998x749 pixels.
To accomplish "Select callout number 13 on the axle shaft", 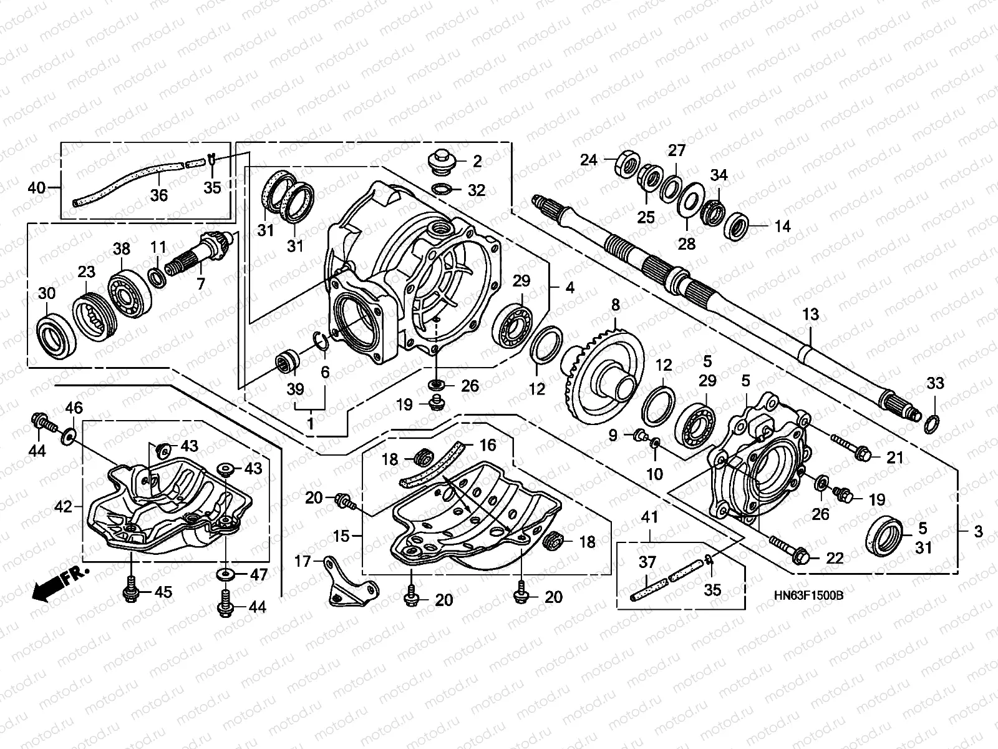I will click(x=810, y=315).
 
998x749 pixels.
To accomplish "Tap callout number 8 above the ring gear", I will click(x=616, y=305).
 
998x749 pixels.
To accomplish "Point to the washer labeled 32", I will click(x=442, y=189).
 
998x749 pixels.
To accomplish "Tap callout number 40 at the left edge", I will click(x=37, y=187).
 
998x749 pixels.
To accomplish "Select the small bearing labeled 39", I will click(x=288, y=361).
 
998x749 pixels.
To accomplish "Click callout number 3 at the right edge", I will click(x=978, y=532).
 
